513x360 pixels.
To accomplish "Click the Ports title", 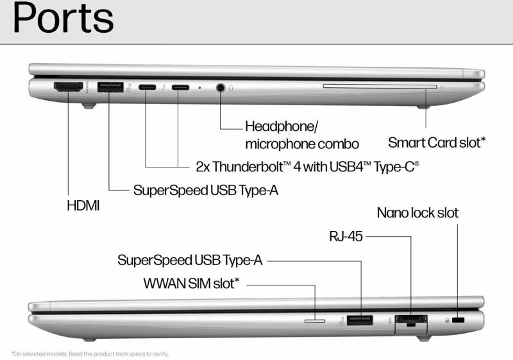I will [63, 20].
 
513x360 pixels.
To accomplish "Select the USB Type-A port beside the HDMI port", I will [110, 87].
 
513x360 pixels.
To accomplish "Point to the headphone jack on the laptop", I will [221, 88].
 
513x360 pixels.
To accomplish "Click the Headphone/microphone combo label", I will [301, 135].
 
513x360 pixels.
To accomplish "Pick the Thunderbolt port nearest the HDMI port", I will [146, 88].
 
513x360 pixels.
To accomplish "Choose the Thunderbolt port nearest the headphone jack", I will [180, 88].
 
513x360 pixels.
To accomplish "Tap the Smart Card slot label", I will [437, 142].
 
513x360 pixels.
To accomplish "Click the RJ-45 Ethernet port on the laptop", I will [411, 320].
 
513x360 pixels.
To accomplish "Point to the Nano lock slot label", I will [417, 212].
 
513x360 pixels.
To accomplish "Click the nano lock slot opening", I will [458, 320].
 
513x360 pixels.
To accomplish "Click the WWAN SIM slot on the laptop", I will [314, 320].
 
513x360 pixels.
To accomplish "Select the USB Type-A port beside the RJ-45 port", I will [360, 319].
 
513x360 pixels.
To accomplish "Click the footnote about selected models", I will [89, 353].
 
